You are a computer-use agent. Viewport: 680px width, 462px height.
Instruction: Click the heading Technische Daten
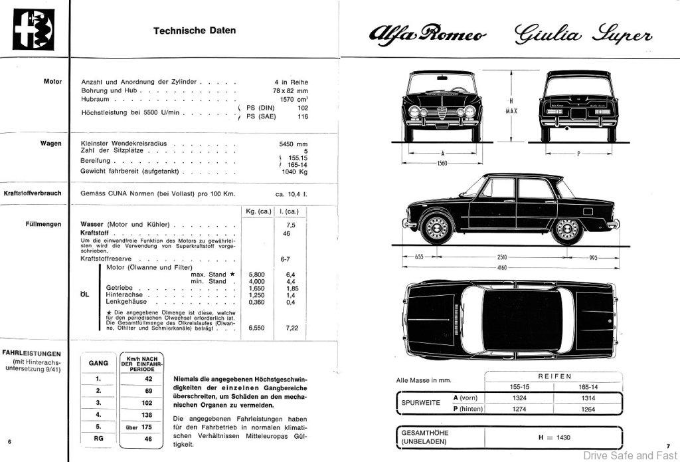[194, 31]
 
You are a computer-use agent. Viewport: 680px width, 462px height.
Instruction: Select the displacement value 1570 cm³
[295, 99]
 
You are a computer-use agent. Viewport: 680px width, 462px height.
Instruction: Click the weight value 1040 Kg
[295, 172]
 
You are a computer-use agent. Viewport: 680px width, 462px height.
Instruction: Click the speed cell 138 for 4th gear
[147, 414]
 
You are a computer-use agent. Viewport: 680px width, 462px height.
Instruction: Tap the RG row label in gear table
[98, 439]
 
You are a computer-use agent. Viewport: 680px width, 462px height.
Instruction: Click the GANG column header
[98, 364]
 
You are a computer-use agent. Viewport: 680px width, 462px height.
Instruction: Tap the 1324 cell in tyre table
[519, 398]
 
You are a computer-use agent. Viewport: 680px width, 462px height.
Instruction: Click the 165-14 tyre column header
[588, 386]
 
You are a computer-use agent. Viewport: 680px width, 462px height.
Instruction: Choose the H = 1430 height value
[553, 437]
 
